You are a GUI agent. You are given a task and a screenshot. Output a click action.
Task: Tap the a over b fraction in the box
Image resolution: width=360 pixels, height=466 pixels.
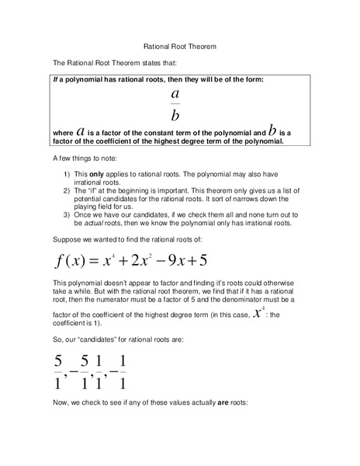(175, 104)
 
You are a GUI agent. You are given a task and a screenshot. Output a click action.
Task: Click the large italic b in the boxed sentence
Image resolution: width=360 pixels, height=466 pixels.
(272, 130)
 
